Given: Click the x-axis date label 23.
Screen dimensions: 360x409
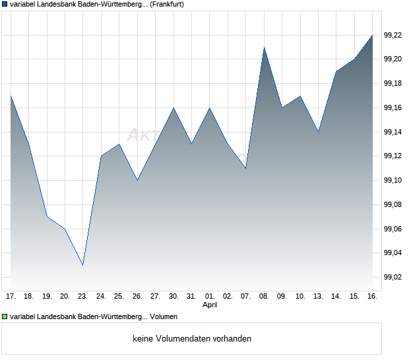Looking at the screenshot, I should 82,297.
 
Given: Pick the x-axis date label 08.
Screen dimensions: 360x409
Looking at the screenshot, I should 264,297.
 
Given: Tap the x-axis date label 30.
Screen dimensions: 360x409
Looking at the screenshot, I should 173,297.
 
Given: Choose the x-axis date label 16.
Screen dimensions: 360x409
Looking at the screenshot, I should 372,297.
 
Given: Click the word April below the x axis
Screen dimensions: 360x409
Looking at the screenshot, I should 210,305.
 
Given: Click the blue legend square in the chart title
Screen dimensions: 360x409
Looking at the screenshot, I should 5,5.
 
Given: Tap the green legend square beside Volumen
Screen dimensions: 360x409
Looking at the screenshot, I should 5,316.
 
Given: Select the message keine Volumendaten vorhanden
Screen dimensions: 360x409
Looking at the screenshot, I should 192,339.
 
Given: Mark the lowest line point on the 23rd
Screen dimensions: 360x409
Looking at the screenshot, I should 82,265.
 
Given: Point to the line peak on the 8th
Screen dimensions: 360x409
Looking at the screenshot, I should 264,47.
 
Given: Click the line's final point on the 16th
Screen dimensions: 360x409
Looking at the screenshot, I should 372,35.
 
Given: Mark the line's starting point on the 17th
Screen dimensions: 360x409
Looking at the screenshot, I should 11,96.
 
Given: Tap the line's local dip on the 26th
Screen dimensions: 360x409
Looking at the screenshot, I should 137,180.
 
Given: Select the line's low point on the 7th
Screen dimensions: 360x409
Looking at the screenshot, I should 245,168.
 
